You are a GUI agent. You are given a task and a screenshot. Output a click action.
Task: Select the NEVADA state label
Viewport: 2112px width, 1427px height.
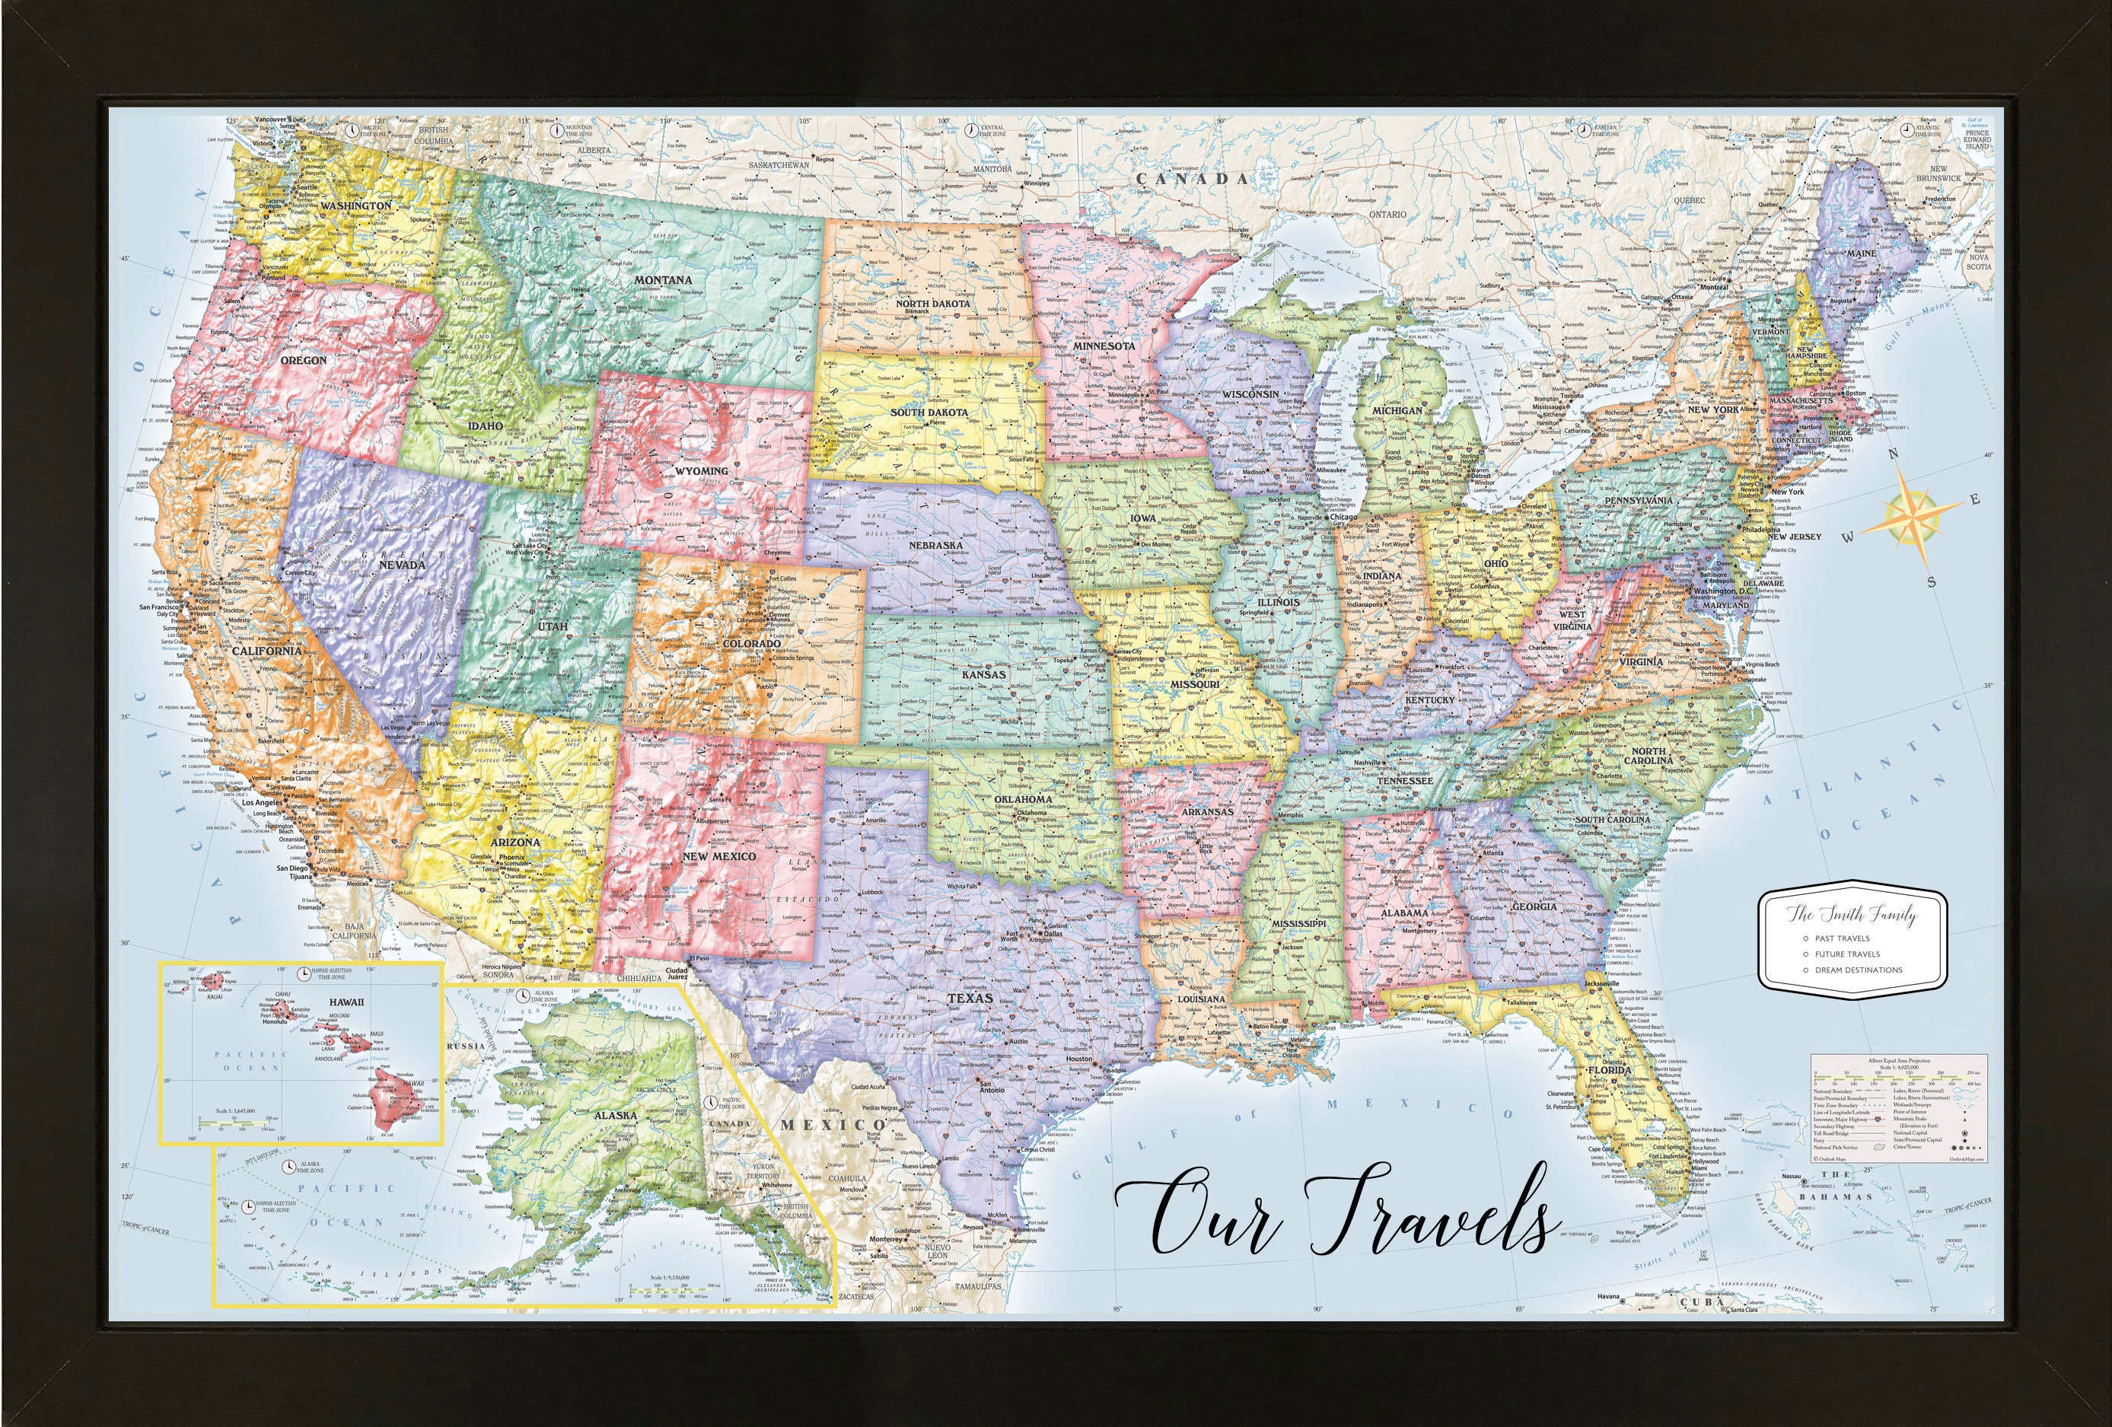tap(402, 565)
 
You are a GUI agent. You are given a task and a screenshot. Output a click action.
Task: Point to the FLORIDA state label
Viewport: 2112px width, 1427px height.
tap(1610, 1071)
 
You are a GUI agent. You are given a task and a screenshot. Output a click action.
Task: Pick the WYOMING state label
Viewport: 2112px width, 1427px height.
tap(701, 471)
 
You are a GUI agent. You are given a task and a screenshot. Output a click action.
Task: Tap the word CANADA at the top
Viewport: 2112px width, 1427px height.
tap(1180, 179)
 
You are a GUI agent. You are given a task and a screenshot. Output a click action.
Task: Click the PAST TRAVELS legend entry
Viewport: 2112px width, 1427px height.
tap(1841, 938)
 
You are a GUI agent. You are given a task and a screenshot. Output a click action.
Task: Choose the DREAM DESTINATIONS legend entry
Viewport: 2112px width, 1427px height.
tap(1858, 969)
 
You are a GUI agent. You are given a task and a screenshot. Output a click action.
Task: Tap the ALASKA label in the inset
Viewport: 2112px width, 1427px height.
tap(615, 1114)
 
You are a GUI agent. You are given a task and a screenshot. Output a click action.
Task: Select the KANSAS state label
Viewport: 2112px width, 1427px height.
tap(984, 674)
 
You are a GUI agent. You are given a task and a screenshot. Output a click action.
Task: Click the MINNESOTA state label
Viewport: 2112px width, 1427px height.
tap(1104, 346)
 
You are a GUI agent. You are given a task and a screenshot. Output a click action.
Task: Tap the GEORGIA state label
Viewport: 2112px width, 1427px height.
tap(1534, 906)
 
